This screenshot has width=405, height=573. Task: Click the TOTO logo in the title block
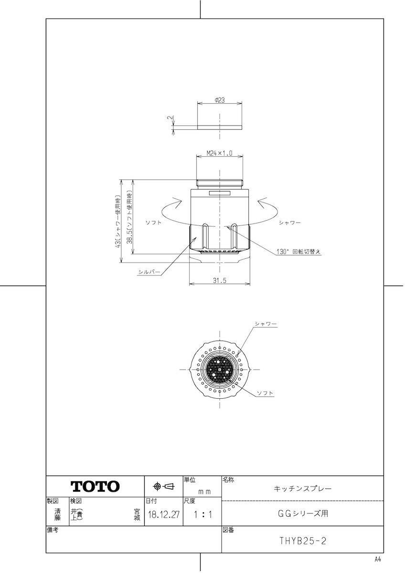coord(95,487)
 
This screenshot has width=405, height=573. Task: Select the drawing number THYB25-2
coord(302,541)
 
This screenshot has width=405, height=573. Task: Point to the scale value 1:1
coord(202,515)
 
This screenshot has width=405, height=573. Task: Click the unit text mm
coord(204,491)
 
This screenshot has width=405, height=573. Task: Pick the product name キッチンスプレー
coord(302,488)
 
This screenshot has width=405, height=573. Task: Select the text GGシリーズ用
coord(302,514)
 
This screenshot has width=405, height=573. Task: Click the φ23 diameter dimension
coord(220,100)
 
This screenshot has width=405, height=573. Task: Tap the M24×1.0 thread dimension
coord(219,153)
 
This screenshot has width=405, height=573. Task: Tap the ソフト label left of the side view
coord(153,223)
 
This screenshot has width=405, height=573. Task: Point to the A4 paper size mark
coord(378,559)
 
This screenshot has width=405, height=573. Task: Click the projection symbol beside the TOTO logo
coord(163,487)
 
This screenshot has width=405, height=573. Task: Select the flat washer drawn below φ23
coord(219,127)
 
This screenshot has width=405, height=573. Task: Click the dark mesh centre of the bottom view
coord(219,369)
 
